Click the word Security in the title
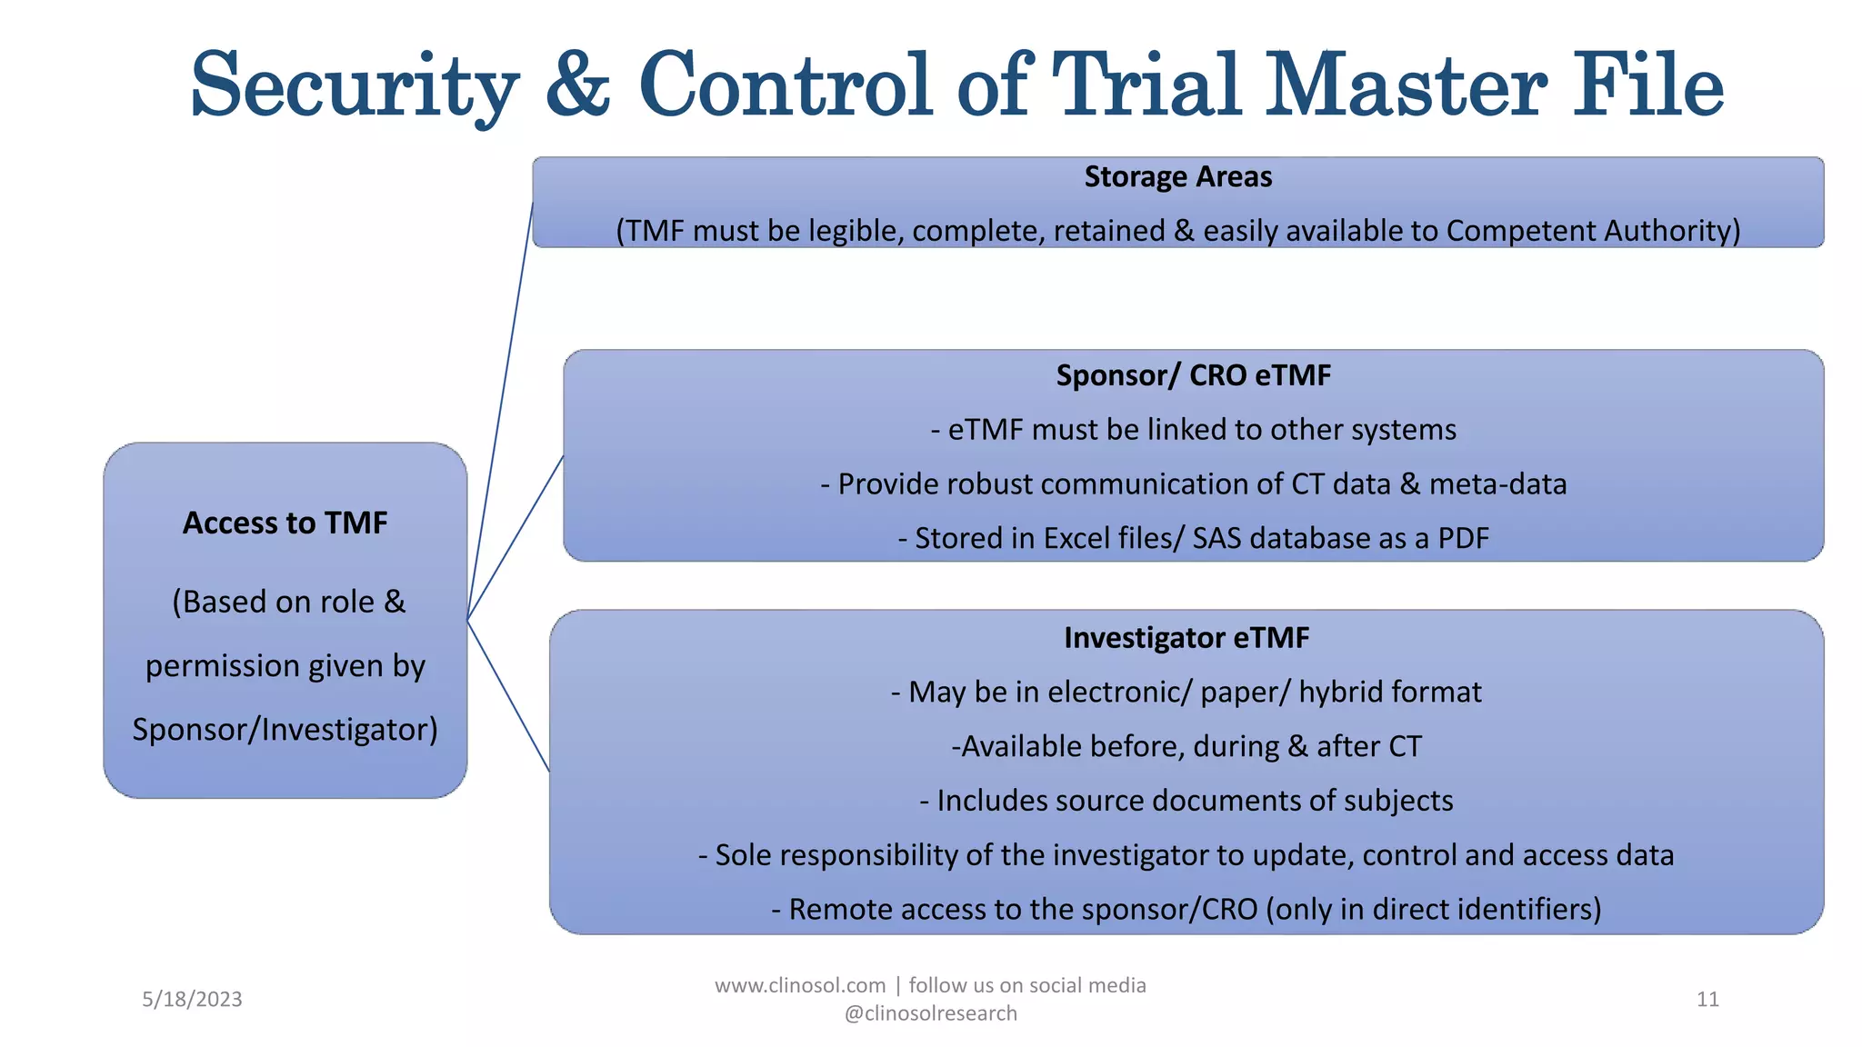pyautogui.click(x=355, y=86)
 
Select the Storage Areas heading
pyautogui.click(x=1177, y=176)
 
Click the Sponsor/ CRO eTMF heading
pyautogui.click(x=1193, y=375)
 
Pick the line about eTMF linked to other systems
pyautogui.click(x=1193, y=429)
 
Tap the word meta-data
pyautogui.click(x=1497, y=484)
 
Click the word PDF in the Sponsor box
pyautogui.click(x=1463, y=538)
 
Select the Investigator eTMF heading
pyautogui.click(x=1186, y=638)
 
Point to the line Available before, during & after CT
pyautogui.click(x=1186, y=746)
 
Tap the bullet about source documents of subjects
pyautogui.click(x=1186, y=801)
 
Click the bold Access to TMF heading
pyautogui.click(x=285, y=523)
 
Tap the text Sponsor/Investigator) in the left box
pyautogui.click(x=285, y=730)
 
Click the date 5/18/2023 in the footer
pyautogui.click(x=192, y=1000)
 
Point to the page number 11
pyautogui.click(x=1707, y=1000)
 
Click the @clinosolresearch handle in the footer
pyautogui.click(x=930, y=1013)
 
